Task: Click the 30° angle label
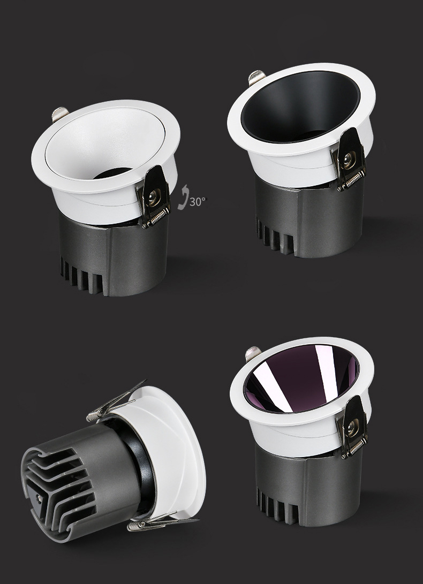tap(197, 202)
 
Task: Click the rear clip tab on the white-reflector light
tap(59, 114)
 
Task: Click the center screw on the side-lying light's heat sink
tap(40, 498)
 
